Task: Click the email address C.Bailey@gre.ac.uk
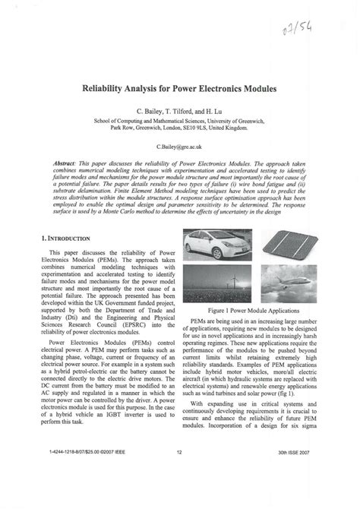[x=180, y=144]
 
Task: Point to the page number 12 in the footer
[x=180, y=493]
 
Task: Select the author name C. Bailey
[x=151, y=110]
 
